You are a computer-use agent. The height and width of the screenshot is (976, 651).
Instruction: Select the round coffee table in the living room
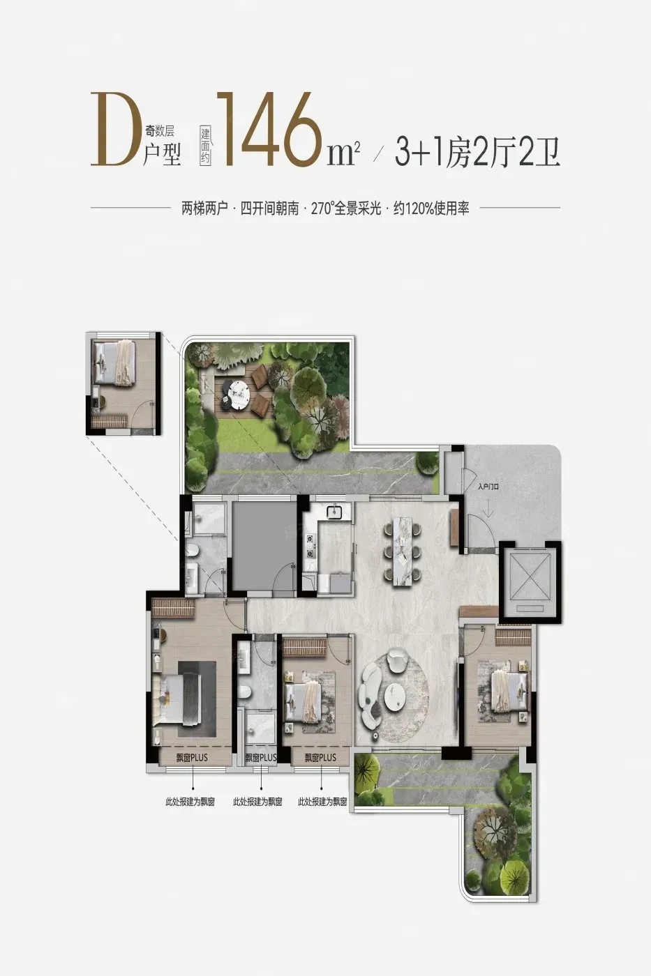pos(396,703)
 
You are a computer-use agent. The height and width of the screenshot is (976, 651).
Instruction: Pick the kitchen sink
pos(335,511)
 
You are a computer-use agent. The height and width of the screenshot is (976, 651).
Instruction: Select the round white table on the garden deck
pos(235,391)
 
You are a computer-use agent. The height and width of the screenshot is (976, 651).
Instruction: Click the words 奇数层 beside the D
pos(160,130)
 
